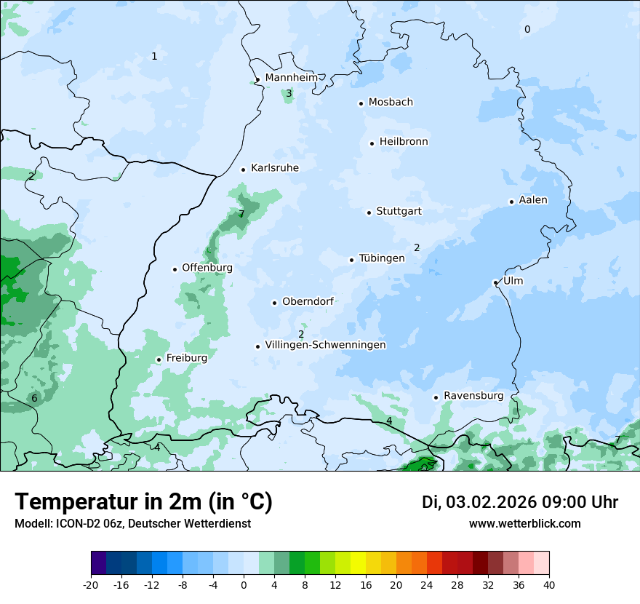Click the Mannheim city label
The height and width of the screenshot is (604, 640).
point(291,78)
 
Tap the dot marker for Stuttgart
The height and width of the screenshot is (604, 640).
point(369,212)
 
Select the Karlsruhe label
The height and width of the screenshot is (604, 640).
point(274,168)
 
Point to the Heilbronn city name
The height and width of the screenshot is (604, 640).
point(404,142)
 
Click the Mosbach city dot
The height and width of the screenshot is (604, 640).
point(361,103)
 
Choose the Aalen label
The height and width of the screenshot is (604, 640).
point(533,200)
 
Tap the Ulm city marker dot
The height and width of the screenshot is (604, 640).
point(495,282)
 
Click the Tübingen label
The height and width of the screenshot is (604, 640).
point(381,258)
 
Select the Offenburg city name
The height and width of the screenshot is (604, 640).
point(207,268)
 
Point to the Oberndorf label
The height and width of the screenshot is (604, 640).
point(308,301)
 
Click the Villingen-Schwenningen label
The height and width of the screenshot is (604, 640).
point(325,345)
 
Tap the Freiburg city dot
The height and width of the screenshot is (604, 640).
point(159,359)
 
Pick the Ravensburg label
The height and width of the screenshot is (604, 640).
point(473,396)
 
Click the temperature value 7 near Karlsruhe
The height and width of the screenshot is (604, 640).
point(241,214)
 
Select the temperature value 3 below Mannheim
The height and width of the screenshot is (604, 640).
point(289,93)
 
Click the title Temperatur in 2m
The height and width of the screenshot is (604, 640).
point(143,502)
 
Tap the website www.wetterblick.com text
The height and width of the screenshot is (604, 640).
point(524,523)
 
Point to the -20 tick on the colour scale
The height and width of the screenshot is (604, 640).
point(91,584)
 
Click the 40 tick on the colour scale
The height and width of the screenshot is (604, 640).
point(548,584)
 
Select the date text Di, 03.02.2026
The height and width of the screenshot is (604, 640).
point(479,502)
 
